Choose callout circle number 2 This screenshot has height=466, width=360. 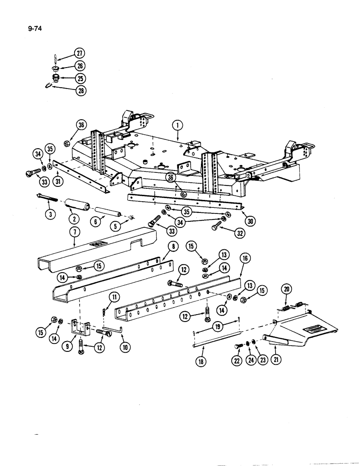click(x=72, y=218)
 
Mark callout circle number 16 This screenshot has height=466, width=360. click(x=243, y=257)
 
